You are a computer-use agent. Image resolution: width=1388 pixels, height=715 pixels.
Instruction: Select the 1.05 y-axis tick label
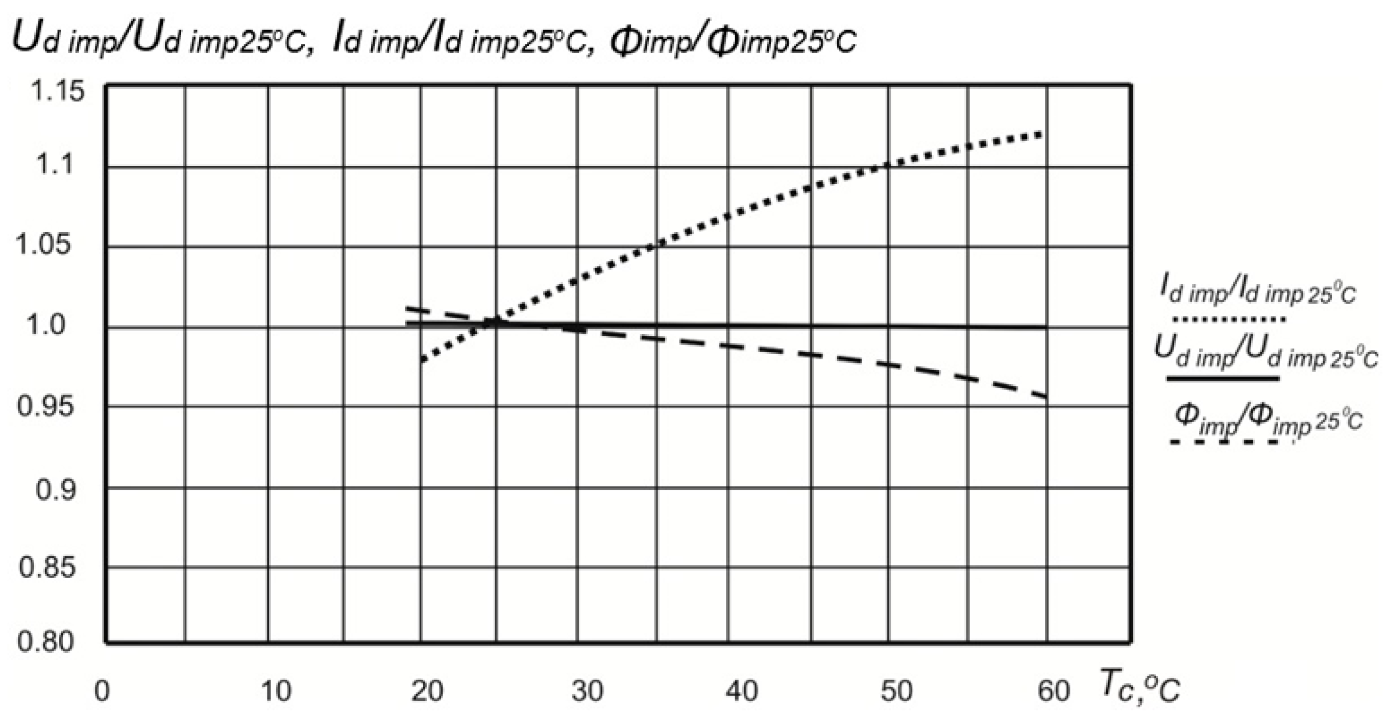tap(43, 245)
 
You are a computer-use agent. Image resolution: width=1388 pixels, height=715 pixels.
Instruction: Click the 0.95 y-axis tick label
tap(45, 407)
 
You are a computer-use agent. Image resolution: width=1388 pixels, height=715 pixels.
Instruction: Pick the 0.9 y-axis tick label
tap(56, 490)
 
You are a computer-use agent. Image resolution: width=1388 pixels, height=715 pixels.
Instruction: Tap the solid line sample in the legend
tap(1223, 378)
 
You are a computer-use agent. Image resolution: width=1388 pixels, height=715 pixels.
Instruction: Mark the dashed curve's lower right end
tap(1045, 397)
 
